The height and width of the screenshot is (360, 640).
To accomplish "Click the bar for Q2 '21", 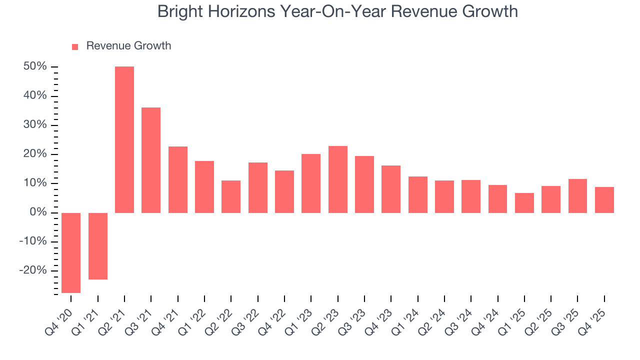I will click(124, 139).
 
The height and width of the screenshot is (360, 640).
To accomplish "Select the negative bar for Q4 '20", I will click(71, 252).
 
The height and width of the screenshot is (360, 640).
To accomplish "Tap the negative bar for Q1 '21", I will click(98, 246).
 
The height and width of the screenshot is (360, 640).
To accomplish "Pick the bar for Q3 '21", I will click(151, 160).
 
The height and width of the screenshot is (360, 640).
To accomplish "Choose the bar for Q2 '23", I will click(338, 179).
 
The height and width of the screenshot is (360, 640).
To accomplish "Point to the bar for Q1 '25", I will click(524, 203).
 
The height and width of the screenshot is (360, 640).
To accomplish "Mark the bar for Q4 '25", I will click(604, 200).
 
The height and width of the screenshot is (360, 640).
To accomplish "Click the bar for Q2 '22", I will click(231, 196).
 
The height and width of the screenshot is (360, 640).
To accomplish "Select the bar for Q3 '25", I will click(577, 196).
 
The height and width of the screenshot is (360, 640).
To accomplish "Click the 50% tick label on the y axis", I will click(35, 66).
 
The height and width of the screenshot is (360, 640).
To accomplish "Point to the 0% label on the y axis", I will click(39, 212).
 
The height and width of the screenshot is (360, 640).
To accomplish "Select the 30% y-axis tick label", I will click(35, 125).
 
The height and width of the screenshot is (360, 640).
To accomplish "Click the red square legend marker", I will click(75, 46).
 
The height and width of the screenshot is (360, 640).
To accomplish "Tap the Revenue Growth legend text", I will click(128, 46).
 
